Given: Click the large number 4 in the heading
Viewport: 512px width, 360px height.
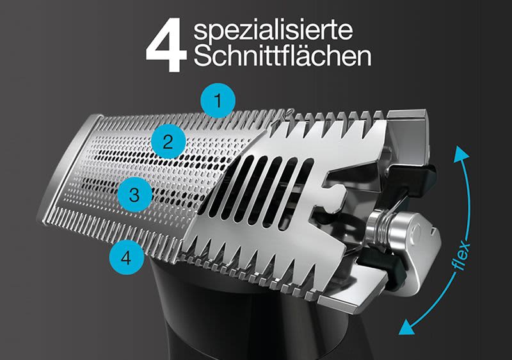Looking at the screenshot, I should pos(165,47).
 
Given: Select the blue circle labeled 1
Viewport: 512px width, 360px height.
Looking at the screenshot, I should pos(218,101).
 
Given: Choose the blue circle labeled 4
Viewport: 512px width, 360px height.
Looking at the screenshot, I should pos(126,258).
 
